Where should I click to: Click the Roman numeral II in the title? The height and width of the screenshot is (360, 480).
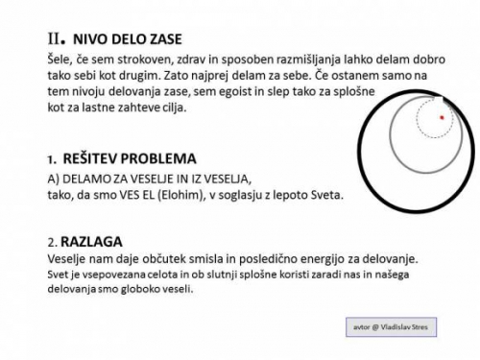point(55,39)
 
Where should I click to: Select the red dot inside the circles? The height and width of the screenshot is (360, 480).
point(442,117)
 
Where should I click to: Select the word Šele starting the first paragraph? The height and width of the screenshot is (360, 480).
point(60,60)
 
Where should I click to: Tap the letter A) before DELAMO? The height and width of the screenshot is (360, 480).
point(53,180)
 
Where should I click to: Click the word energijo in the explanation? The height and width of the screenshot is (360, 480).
point(328,260)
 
